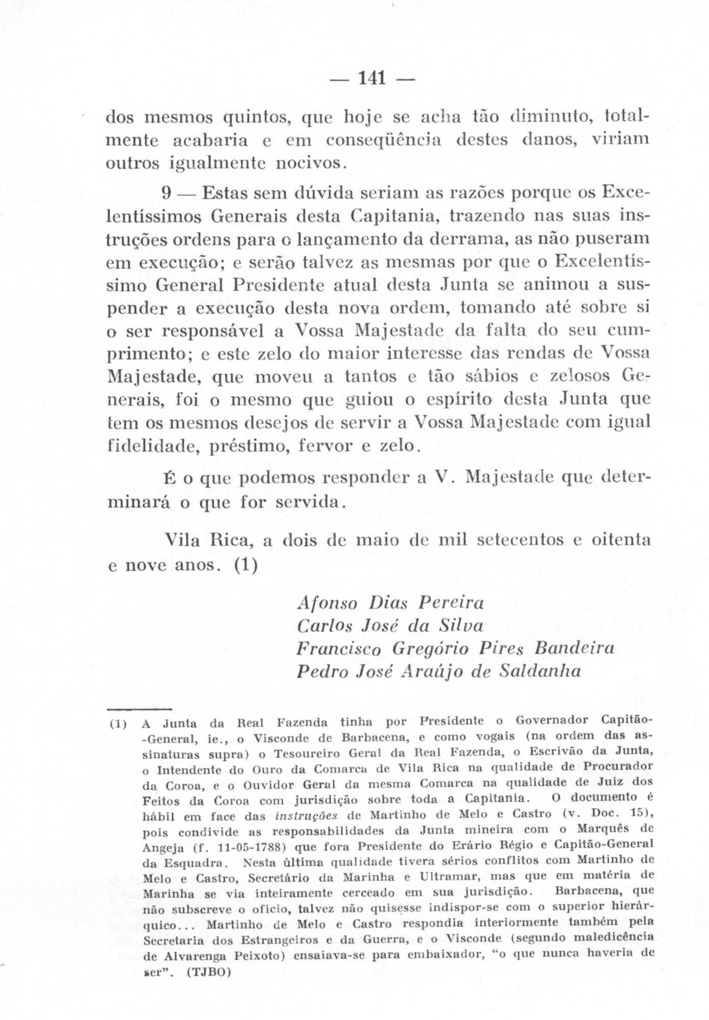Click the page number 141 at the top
(372, 79)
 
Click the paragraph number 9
(166, 194)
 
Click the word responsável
(215, 331)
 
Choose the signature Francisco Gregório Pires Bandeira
(455, 648)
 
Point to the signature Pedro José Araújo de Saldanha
(438, 671)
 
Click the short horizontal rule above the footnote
(139, 708)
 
